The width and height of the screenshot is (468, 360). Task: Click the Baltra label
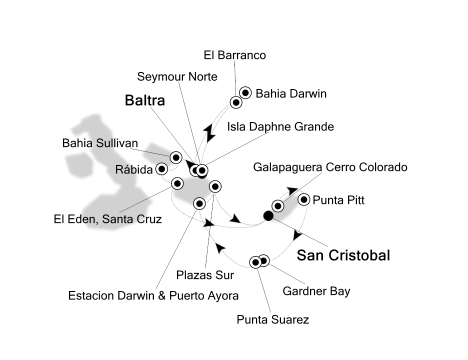(x=144, y=101)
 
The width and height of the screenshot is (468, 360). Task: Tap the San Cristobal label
(x=343, y=255)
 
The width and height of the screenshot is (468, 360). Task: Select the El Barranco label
(x=235, y=55)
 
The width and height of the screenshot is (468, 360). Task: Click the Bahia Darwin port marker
(x=245, y=92)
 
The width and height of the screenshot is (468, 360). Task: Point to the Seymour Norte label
(x=177, y=77)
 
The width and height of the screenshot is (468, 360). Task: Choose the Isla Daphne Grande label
(x=280, y=127)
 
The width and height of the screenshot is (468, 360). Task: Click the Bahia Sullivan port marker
(x=176, y=157)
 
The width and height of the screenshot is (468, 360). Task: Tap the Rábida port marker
(x=161, y=169)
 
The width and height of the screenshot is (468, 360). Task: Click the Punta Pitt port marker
(x=303, y=200)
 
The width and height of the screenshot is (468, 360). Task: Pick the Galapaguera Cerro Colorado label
(x=330, y=167)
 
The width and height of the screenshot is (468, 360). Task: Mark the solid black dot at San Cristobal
(x=268, y=216)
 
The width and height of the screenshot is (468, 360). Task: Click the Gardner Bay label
(x=316, y=291)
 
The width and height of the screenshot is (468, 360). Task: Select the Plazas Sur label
(x=205, y=275)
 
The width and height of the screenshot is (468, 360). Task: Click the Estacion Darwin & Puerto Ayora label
(x=153, y=296)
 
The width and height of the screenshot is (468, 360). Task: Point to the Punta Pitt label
(x=338, y=201)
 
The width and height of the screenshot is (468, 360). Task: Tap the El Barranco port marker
(x=236, y=102)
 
